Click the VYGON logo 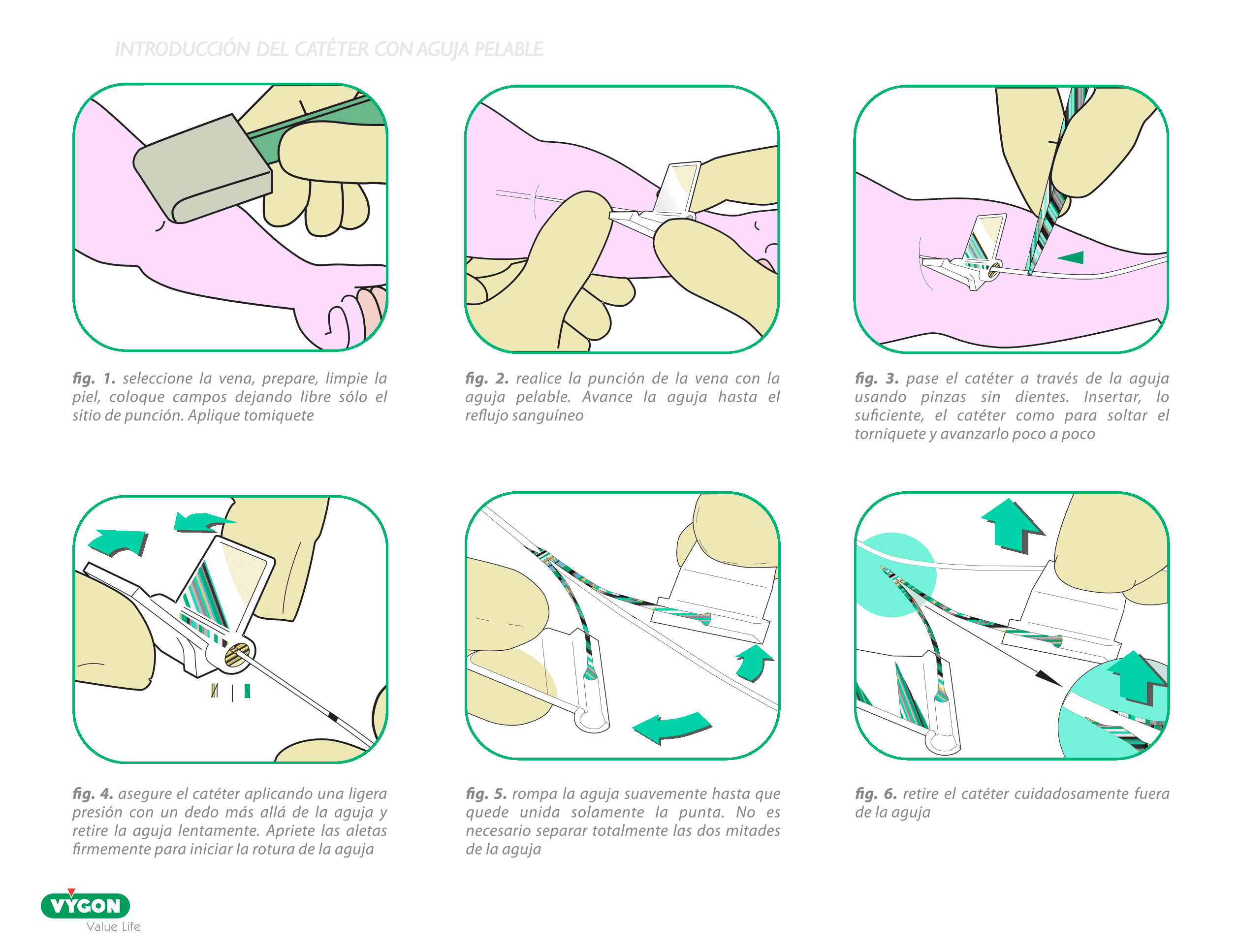pos(85,905)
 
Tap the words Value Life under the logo pos(113,926)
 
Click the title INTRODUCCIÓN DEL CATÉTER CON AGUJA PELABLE pos(329,49)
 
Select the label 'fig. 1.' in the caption pos(94,378)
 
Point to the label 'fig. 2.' pos(487,378)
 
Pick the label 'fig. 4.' pos(93,793)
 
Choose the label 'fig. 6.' pos(876,793)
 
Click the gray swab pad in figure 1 pos(203,169)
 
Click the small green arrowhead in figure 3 pos(1070,257)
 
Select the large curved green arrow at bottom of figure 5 pos(672,728)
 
